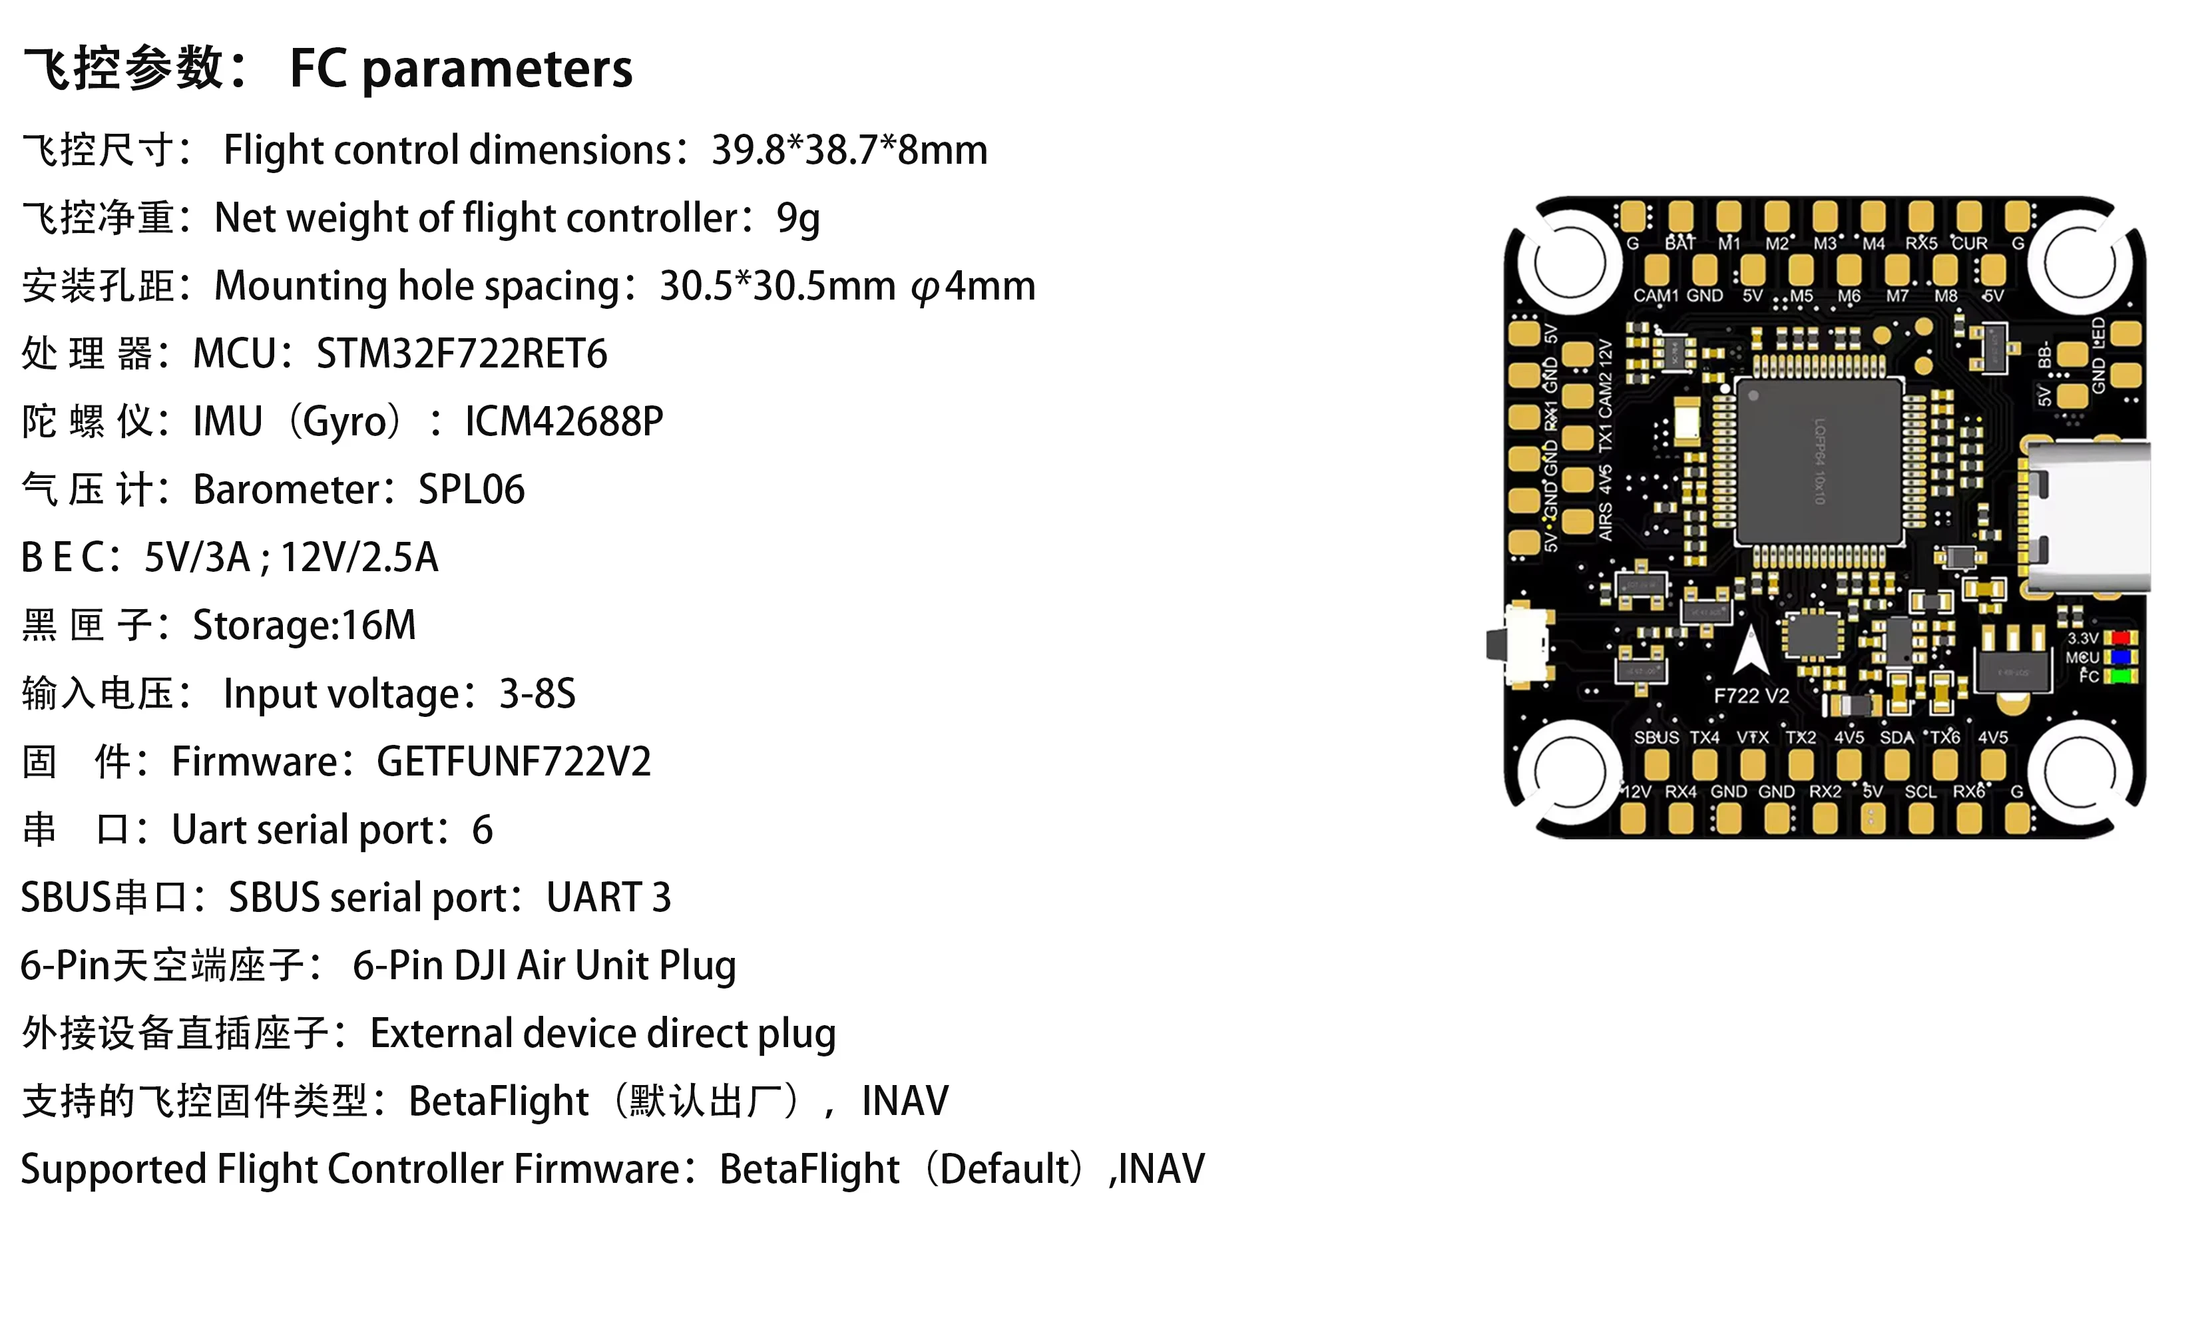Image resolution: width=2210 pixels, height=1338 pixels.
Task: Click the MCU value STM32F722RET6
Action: tap(461, 354)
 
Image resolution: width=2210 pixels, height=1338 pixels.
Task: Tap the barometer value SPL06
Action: tap(471, 490)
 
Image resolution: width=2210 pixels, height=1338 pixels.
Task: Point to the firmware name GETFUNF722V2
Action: tap(513, 762)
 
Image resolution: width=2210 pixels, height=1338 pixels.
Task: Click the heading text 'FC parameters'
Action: tap(461, 69)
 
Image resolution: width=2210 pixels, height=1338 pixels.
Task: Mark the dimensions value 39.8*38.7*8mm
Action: tap(849, 150)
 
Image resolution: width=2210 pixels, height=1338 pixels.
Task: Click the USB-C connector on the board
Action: tap(2086, 517)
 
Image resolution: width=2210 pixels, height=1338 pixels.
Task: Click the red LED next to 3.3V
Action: tap(2120, 638)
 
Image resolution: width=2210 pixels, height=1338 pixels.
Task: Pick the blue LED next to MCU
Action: tap(2120, 657)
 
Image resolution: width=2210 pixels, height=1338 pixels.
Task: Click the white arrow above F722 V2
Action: tap(1750, 650)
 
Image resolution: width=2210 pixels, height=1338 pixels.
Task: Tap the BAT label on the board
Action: tap(1680, 244)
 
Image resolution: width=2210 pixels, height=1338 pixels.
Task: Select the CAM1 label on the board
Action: tap(1655, 296)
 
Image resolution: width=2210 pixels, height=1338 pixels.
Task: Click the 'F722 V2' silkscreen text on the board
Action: tap(1751, 696)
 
